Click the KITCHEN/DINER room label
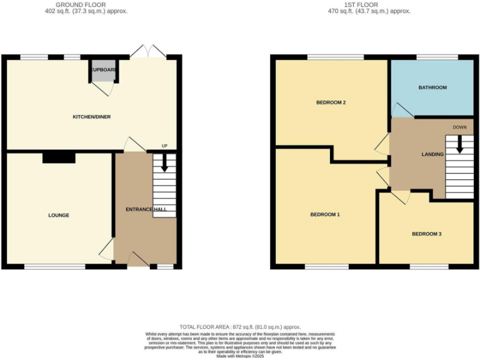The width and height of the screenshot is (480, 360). coord(92,117)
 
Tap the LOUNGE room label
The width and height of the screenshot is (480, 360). coord(59,215)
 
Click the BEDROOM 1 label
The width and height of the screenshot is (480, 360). coord(325,214)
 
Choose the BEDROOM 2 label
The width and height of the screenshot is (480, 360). coord(331,102)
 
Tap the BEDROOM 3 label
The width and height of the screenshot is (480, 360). coord(426,234)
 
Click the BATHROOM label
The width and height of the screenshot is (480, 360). coord(432,87)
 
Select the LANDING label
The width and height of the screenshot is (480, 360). coord(432,154)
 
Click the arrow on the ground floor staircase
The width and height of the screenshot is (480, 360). coord(165,163)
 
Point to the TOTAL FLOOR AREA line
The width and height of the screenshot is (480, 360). coord(240,327)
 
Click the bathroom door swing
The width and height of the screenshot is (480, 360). coord(401,110)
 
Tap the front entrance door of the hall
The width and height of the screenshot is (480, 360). coord(138,259)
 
